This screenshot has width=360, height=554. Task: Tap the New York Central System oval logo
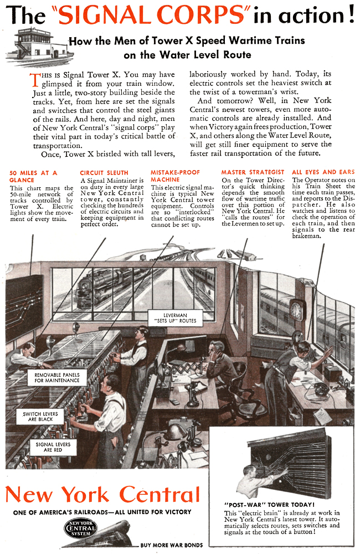[80, 529]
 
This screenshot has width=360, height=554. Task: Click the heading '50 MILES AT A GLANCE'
[33, 176]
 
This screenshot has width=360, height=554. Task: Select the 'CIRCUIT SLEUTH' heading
[104, 173]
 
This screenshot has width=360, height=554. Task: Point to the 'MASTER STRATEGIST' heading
[253, 173]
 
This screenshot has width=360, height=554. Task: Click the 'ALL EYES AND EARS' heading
[323, 172]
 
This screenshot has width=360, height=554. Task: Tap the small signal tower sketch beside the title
[37, 47]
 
